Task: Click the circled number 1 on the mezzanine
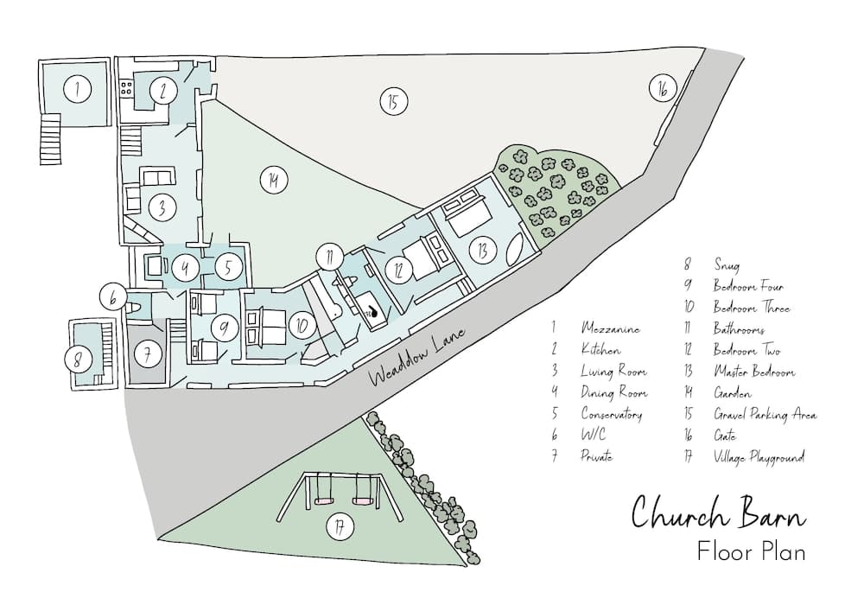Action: tap(78, 88)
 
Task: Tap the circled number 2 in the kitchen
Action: tap(162, 90)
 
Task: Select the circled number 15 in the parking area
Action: tap(392, 101)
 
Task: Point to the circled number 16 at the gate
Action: tap(662, 88)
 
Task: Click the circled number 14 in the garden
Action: tap(273, 180)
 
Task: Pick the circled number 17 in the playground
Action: tap(340, 527)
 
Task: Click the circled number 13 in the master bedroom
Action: tap(481, 251)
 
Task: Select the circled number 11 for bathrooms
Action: tap(329, 256)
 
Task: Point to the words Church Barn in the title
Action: tap(718, 512)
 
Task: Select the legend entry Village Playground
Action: tap(759, 457)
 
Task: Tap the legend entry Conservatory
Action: tap(611, 414)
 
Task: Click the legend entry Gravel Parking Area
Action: tap(765, 414)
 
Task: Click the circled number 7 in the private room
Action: tap(147, 353)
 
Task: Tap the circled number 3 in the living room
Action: tap(161, 207)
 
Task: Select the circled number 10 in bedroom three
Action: tap(302, 325)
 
